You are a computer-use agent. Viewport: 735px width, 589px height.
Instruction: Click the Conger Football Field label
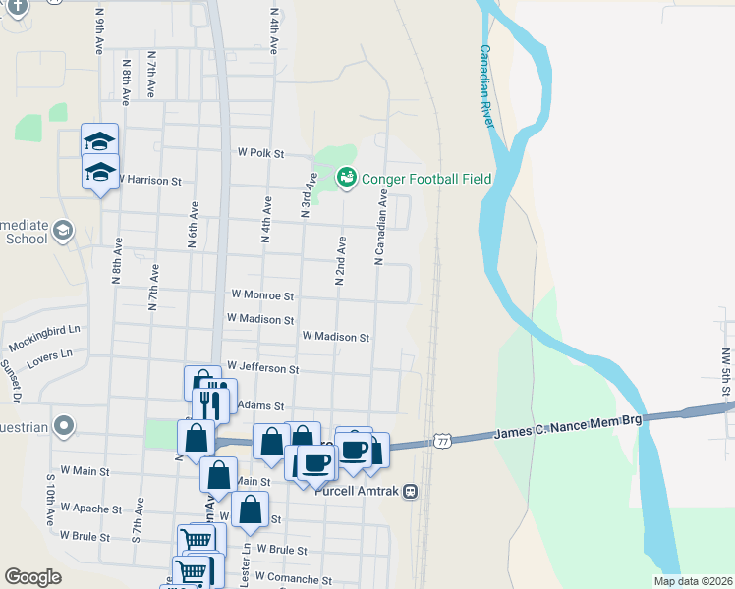click(x=425, y=179)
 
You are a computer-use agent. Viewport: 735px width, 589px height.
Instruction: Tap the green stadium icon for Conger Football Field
click(x=346, y=178)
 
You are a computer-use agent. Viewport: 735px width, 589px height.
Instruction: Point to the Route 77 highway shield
click(x=444, y=442)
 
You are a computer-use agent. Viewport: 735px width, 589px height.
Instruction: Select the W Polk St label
click(x=260, y=154)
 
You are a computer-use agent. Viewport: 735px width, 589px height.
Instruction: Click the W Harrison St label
click(x=149, y=181)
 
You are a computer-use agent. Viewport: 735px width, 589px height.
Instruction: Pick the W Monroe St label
click(x=262, y=294)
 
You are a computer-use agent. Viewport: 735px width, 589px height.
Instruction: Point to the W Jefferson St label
click(x=262, y=368)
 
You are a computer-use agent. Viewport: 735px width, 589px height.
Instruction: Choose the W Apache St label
click(x=90, y=509)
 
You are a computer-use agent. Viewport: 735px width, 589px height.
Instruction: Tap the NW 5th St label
click(x=726, y=373)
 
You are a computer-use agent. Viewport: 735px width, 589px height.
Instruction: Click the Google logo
click(x=32, y=577)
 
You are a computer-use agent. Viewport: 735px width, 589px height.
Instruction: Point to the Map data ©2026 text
click(x=693, y=581)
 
